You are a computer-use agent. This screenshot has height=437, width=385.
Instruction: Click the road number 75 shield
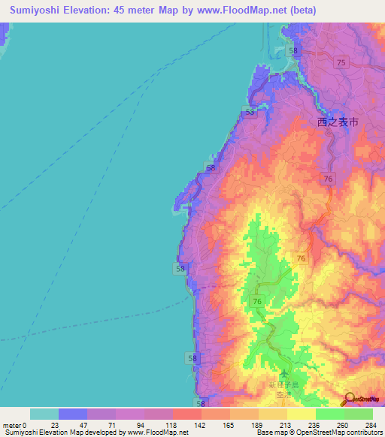pyautogui.click(x=342, y=64)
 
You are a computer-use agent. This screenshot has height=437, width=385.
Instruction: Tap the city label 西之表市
pyautogui.click(x=338, y=121)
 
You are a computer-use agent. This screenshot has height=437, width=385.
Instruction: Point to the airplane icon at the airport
pyautogui.click(x=284, y=374)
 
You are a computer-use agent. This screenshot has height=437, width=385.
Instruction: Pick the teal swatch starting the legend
pyautogui.click(x=44, y=414)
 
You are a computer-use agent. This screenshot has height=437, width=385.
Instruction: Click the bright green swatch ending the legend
pyautogui.click(x=359, y=414)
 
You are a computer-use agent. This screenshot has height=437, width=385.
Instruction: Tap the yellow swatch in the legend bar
pyautogui.click(x=302, y=414)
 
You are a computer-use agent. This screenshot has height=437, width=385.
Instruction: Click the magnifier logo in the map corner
pyautogui.click(x=350, y=399)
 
